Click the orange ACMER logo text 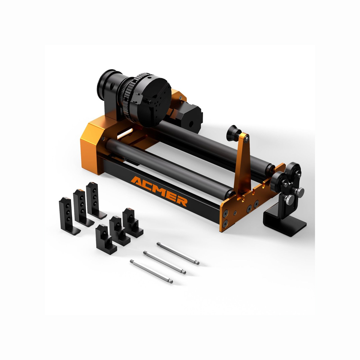[x=159, y=191]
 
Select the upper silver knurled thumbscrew [x=299, y=192]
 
